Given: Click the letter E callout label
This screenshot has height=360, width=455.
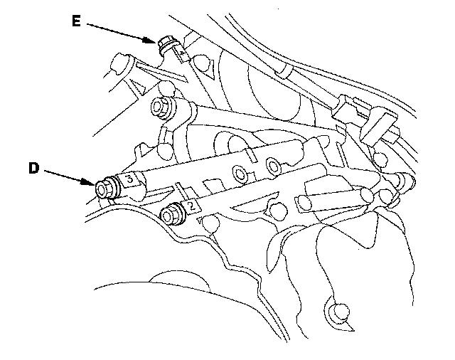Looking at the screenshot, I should (75, 21).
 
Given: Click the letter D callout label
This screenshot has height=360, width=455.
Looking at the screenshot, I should (33, 169).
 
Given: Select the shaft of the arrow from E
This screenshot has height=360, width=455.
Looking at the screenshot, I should (121, 32).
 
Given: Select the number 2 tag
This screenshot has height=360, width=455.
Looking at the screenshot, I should (191, 207).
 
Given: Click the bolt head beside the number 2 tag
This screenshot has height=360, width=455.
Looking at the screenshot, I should (171, 212).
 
